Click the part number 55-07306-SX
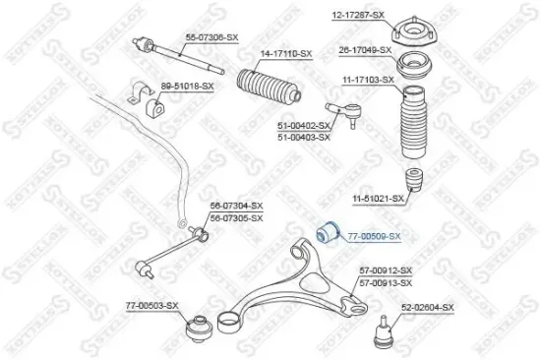point(211,36)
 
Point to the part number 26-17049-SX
point(366,49)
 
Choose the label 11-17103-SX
point(368,79)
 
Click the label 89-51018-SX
point(187,87)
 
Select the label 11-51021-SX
point(379,198)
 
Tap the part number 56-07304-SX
point(237,206)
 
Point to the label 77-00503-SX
point(152,306)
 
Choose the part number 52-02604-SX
point(428,308)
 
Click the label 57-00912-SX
point(386,270)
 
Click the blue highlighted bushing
point(329,233)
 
